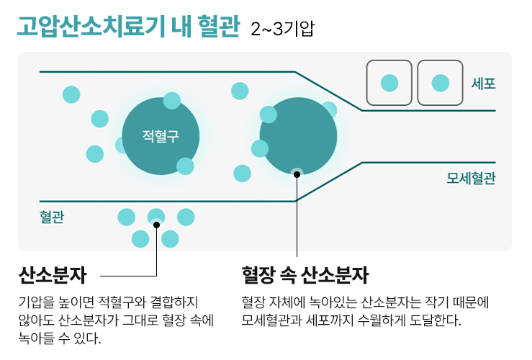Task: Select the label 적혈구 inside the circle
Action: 160,135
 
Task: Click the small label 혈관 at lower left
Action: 51,216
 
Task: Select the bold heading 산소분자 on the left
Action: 53,276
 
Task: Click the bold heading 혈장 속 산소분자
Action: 305,276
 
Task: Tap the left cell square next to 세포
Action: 389,83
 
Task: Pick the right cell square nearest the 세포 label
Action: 440,83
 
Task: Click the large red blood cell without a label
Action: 298,136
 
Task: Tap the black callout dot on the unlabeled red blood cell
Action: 297,172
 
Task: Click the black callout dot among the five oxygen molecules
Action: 156,224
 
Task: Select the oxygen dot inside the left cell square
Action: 389,83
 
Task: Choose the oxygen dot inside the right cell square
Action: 440,83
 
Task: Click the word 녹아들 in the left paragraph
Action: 35,337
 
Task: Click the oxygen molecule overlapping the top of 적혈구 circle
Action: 171,100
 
